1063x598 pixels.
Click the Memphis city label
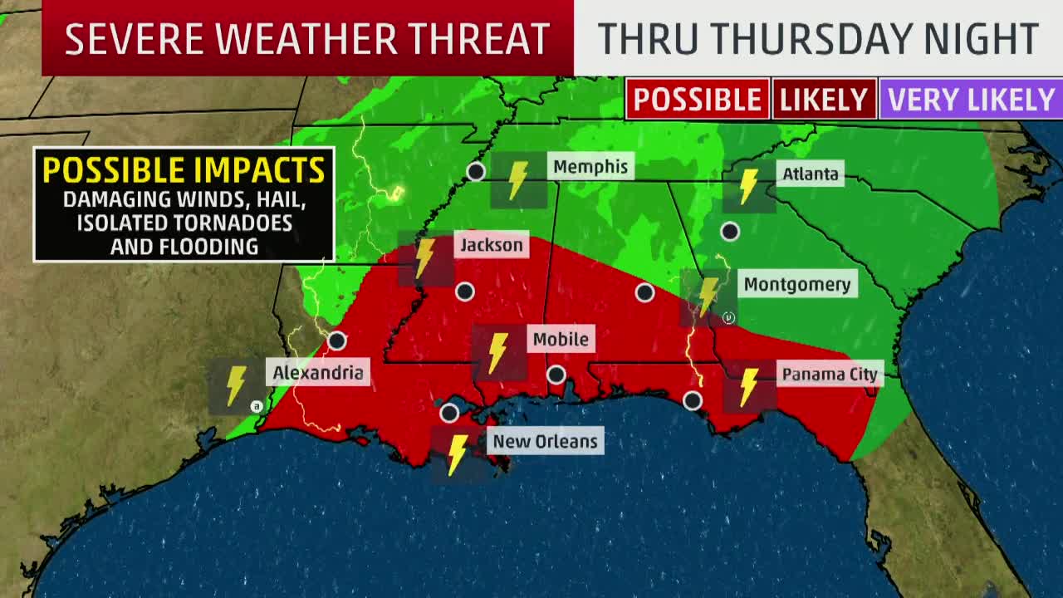(590, 167)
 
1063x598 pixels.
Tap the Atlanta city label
(810, 174)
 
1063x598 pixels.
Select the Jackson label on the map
(492, 245)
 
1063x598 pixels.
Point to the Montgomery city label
(796, 285)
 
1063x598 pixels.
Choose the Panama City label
(829, 375)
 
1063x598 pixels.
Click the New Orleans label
(545, 441)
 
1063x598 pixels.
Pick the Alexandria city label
(318, 373)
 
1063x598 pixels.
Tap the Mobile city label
(561, 339)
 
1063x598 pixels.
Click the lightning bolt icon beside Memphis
(518, 179)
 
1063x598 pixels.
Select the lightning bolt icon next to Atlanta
(748, 186)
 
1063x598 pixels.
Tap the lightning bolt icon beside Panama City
(749, 386)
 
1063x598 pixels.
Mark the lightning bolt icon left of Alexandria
(237, 385)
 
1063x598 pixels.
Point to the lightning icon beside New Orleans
(458, 454)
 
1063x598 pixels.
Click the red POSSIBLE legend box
(697, 100)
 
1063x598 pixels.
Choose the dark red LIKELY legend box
(824, 100)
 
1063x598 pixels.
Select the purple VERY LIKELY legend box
(971, 100)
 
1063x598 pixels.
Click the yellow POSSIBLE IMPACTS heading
(184, 170)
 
